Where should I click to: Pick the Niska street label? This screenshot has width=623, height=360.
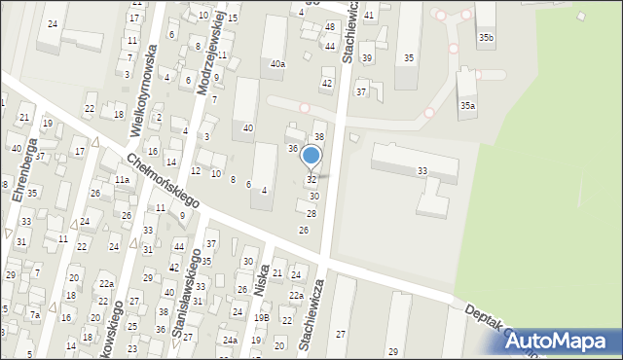(x=259, y=284)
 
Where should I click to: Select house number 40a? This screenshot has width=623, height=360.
(x=277, y=64)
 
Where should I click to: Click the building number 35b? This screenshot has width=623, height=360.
(x=486, y=38)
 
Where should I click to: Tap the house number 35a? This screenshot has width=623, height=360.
(x=468, y=105)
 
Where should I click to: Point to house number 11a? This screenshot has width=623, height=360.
(x=122, y=180)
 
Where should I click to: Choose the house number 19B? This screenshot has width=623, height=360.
(x=261, y=317)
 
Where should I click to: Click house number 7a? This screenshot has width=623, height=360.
(x=34, y=314)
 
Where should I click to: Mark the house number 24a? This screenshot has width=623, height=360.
(x=230, y=340)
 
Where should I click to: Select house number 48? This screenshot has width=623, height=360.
(x=330, y=26)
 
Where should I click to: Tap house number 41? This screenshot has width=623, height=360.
(x=368, y=16)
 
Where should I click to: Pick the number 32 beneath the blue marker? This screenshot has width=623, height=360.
(x=311, y=180)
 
